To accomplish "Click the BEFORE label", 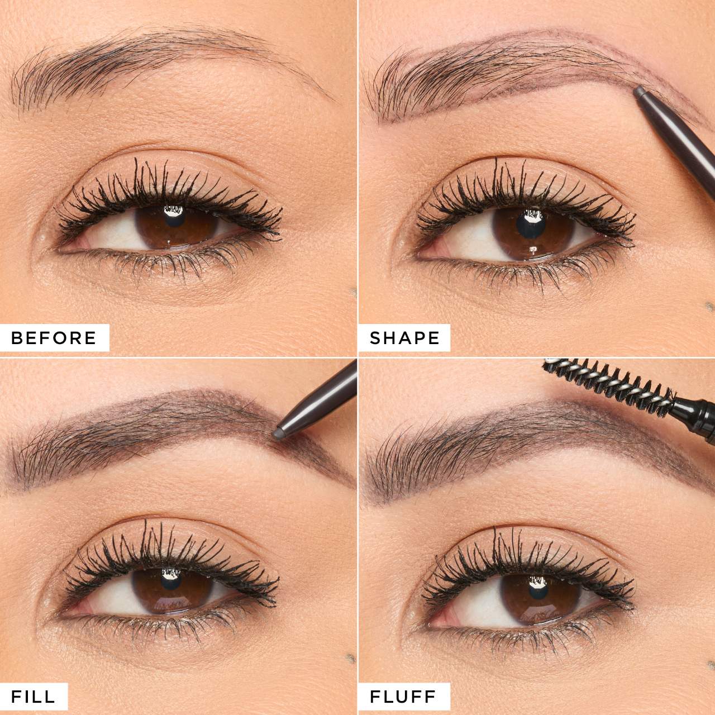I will pos(54,337).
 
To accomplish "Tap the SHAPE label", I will pos(405,337).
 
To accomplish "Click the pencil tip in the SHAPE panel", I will pos(638,90).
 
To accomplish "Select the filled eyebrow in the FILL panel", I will pos(168,425).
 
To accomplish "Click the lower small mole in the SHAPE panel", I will pos(710,305).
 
